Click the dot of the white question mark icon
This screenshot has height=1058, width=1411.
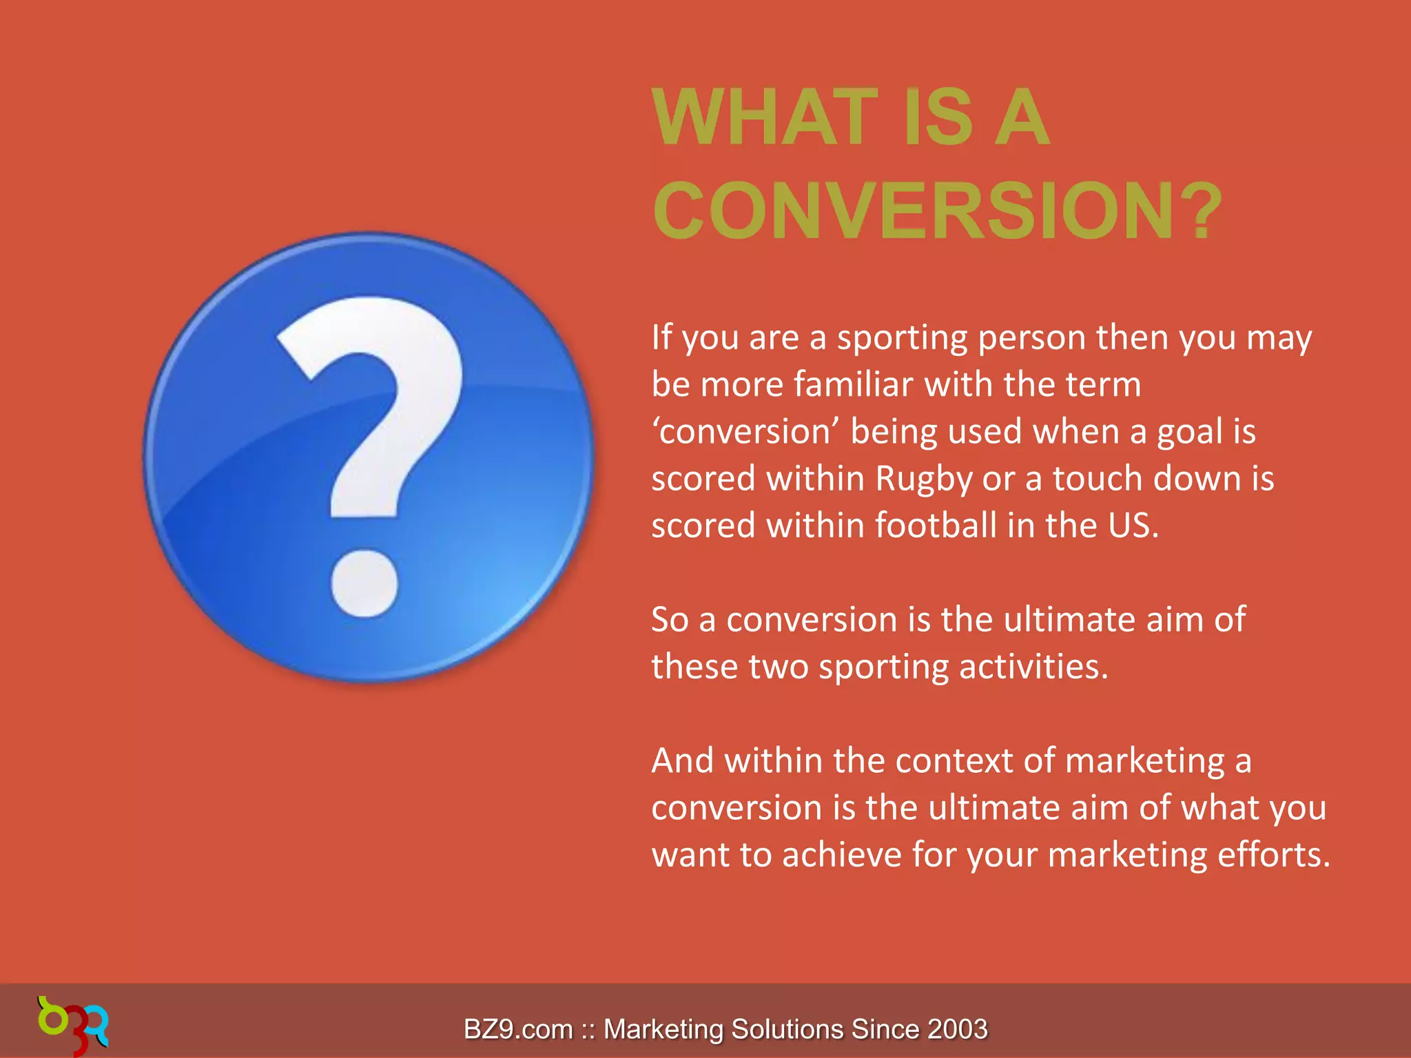pos(364,583)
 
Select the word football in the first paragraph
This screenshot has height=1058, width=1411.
pos(936,526)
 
